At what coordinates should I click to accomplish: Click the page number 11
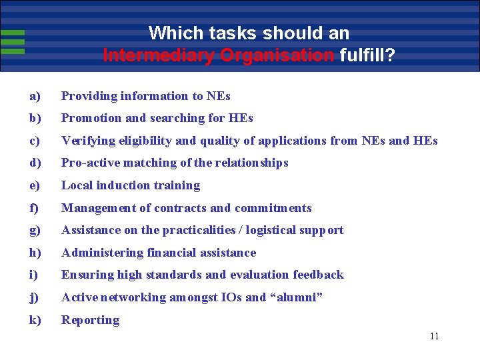point(435,336)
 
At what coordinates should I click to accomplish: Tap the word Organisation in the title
point(277,55)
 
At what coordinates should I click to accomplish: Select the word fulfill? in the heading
point(367,55)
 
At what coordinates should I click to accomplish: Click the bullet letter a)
point(35,96)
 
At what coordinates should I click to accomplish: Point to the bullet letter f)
point(34,208)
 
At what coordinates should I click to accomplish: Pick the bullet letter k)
point(35,320)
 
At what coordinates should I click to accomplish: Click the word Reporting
point(91,320)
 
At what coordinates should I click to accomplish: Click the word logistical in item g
point(273,230)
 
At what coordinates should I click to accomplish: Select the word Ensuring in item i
point(87,275)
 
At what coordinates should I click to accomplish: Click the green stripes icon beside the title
point(12,41)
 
